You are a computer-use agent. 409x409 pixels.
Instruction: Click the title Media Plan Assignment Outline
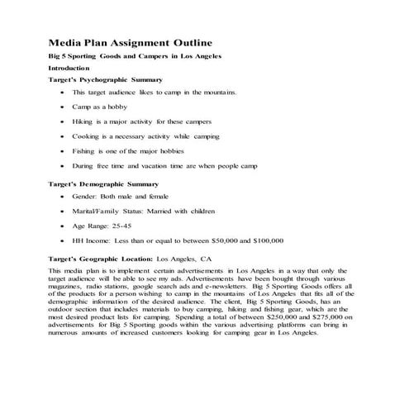tap(130, 41)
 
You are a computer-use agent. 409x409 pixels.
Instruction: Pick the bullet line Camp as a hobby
tap(105, 107)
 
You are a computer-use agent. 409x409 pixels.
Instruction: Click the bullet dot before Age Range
tap(64, 226)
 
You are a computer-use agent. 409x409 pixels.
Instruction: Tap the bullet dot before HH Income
tap(64, 240)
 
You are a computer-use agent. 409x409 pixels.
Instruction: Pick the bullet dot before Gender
tap(64, 197)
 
